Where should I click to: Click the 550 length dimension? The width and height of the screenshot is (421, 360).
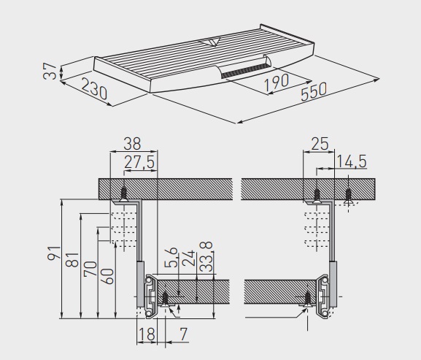[x=314, y=91]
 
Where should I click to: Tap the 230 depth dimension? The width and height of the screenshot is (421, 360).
[x=94, y=88]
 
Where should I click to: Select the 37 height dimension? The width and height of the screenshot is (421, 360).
[x=50, y=71]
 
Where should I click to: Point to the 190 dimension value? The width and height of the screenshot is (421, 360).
[x=277, y=83]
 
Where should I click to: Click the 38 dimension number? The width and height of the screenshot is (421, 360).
[x=132, y=144]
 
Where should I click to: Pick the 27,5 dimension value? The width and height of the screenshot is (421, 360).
[x=139, y=162]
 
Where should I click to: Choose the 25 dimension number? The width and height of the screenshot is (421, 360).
[x=320, y=144]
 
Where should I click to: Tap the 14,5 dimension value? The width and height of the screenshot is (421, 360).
[x=352, y=161]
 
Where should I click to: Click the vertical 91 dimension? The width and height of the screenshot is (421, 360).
[x=54, y=253]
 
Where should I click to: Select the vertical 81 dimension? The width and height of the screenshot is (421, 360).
[x=72, y=260]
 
